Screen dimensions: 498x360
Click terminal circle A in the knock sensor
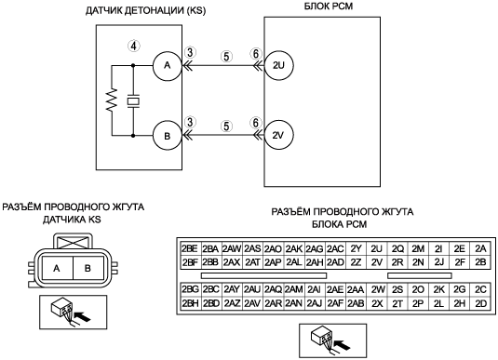coord(167,66)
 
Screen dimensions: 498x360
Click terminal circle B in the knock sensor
coord(167,136)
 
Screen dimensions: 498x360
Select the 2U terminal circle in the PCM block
coord(278,65)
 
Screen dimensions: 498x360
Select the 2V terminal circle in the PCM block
coord(278,135)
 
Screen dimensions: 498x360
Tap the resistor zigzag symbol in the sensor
coord(112,100)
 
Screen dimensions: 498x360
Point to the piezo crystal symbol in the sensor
coord(133,101)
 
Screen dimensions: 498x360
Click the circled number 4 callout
coord(134,47)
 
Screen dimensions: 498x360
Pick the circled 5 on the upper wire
coord(226,57)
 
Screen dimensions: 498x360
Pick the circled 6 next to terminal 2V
coord(256,123)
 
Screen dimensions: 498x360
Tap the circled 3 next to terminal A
coord(190,52)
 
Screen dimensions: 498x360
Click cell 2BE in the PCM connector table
coord(190,248)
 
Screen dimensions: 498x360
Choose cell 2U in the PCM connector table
coord(377,248)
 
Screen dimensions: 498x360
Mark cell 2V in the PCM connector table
coord(377,262)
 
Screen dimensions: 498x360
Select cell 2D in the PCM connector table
coord(481,303)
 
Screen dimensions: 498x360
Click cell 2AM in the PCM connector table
coord(294,289)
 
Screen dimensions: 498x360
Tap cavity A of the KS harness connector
coord(57,268)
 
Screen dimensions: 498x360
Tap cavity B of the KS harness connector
coord(88,268)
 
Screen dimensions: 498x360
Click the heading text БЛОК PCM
coord(329,7)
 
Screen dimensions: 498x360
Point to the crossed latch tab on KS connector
coord(73,243)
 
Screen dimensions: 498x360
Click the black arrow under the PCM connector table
coord(343,345)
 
